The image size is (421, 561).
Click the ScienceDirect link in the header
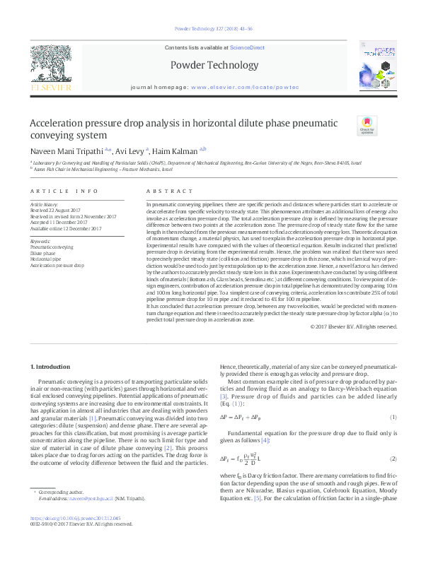pos(247,47)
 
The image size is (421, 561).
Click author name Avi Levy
pos(132,150)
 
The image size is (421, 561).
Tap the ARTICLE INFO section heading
pos(65,191)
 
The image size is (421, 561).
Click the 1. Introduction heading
pos(50,367)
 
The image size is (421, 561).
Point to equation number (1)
pos(393,417)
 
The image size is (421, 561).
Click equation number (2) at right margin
pos(393,459)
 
